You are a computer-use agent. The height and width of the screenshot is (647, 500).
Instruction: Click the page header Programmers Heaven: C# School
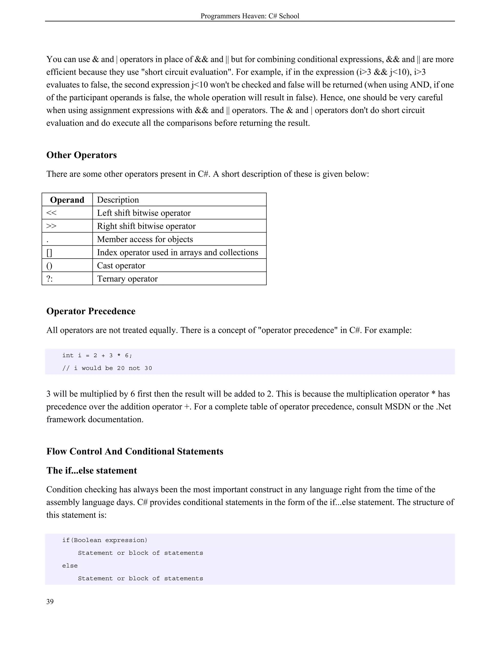point(250,16)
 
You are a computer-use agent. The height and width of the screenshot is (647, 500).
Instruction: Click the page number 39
point(50,602)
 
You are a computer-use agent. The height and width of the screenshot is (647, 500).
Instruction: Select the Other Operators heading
point(82,155)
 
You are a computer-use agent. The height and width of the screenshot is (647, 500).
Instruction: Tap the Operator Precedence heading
point(91,311)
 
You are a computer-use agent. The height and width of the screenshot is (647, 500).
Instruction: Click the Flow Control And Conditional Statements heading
point(135,451)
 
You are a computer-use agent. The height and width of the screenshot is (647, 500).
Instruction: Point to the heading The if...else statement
point(92,470)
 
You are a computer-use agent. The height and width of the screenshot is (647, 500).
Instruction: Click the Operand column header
point(67,200)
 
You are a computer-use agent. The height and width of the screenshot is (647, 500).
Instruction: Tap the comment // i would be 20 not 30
point(107,368)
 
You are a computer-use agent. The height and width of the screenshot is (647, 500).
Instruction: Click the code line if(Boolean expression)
point(104,540)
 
